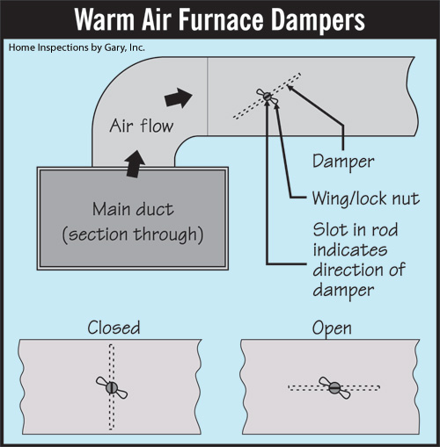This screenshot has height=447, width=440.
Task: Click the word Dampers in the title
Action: (318, 20)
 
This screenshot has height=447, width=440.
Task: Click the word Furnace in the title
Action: (221, 19)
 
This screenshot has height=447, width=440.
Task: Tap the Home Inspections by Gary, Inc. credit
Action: (77, 47)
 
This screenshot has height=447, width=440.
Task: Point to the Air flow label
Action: (142, 126)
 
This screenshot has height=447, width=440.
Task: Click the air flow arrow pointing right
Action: (178, 97)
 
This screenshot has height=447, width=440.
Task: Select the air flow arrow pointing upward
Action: (135, 164)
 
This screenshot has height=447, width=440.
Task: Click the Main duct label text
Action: (133, 209)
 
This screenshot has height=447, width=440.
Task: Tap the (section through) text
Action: (133, 234)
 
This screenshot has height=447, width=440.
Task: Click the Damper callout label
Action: (343, 162)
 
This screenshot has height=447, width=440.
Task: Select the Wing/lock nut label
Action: (366, 198)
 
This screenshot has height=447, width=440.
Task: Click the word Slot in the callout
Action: (330, 229)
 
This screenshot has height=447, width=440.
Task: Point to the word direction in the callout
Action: (348, 270)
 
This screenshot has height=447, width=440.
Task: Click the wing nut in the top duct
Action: (267, 96)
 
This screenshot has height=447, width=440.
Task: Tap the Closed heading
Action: (114, 328)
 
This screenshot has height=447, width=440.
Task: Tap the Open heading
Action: (332, 328)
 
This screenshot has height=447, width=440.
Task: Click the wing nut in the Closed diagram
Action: (112, 387)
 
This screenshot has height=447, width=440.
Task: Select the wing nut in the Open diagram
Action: (334, 387)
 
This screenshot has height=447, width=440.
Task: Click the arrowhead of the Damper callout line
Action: (290, 88)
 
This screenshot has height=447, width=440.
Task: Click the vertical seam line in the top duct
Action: (208, 96)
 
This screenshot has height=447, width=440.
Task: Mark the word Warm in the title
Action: (105, 19)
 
